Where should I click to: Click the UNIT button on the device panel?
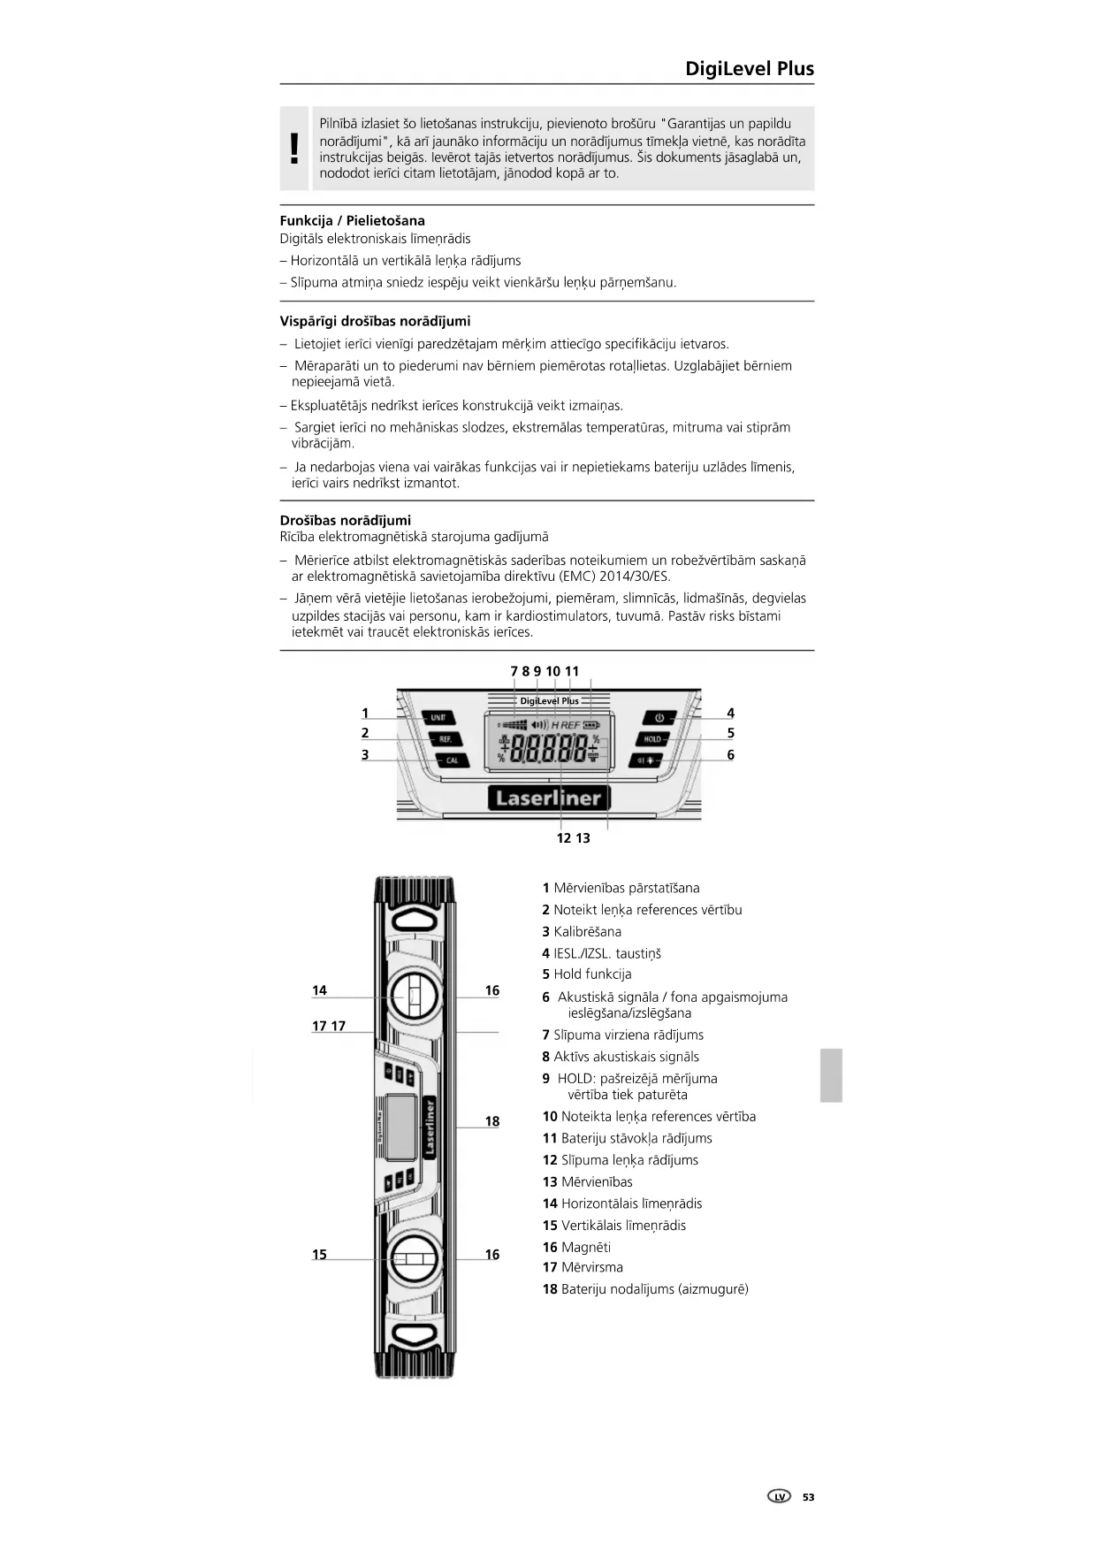(x=438, y=717)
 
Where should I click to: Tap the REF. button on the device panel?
(x=444, y=738)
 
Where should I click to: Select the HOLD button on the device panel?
(x=652, y=738)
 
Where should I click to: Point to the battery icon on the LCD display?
(x=590, y=725)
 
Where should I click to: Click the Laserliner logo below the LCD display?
(x=548, y=798)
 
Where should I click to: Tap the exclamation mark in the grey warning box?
(x=294, y=149)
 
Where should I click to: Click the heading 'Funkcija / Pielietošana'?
(x=352, y=220)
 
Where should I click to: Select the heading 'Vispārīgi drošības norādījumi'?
(x=375, y=321)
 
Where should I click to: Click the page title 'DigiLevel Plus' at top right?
(x=749, y=69)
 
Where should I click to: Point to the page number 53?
(x=808, y=1497)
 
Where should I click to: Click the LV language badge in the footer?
(x=779, y=1497)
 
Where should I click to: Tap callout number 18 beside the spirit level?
(x=492, y=1121)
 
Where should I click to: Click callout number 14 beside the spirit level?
(x=319, y=990)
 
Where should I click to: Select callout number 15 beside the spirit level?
(x=319, y=1254)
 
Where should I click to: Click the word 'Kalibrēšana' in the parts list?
(x=587, y=931)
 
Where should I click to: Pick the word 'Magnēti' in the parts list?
(x=585, y=1247)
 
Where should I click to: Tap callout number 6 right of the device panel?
(x=730, y=754)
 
